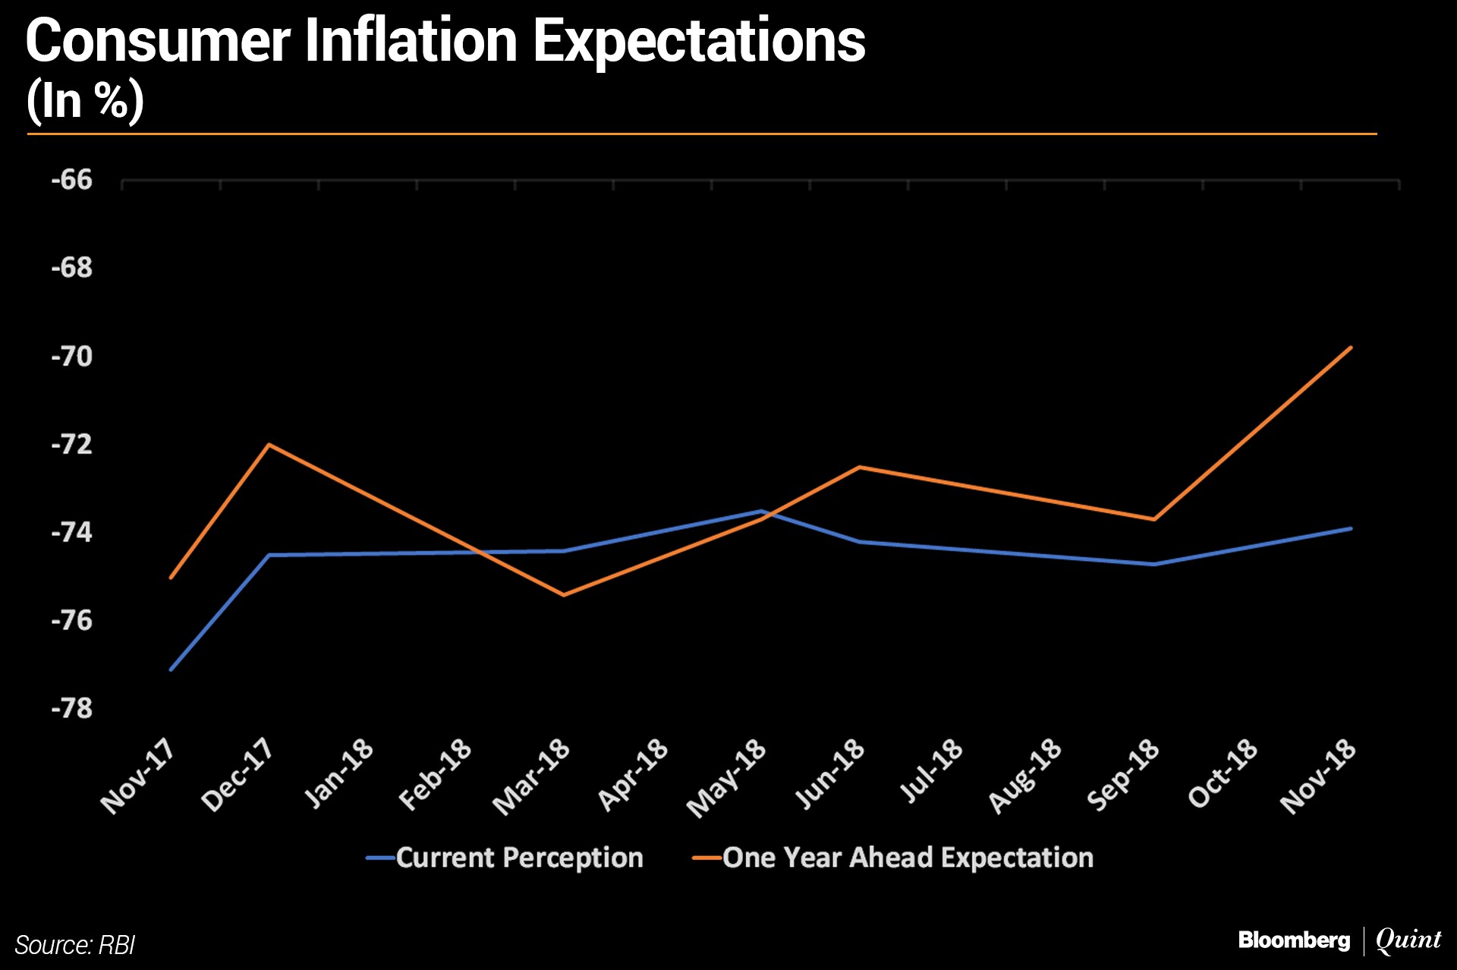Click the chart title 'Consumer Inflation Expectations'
pos(445,41)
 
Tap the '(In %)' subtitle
pos(85,100)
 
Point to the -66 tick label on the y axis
pos(71,180)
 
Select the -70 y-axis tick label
pos(71,356)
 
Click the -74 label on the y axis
pos(71,532)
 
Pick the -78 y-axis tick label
pos(71,708)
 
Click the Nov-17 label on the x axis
pos(138,776)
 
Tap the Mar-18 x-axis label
pos(531,776)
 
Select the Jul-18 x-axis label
pos(931,770)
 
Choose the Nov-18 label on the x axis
pos(1318,776)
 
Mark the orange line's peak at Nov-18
pos(1351,348)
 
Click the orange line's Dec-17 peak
pos(269,444)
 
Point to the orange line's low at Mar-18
pos(563,595)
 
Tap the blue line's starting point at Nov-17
pos(171,669)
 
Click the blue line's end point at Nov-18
pos(1351,528)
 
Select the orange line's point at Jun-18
pos(859,467)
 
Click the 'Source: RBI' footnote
pos(74,945)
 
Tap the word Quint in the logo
pos(1408,940)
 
